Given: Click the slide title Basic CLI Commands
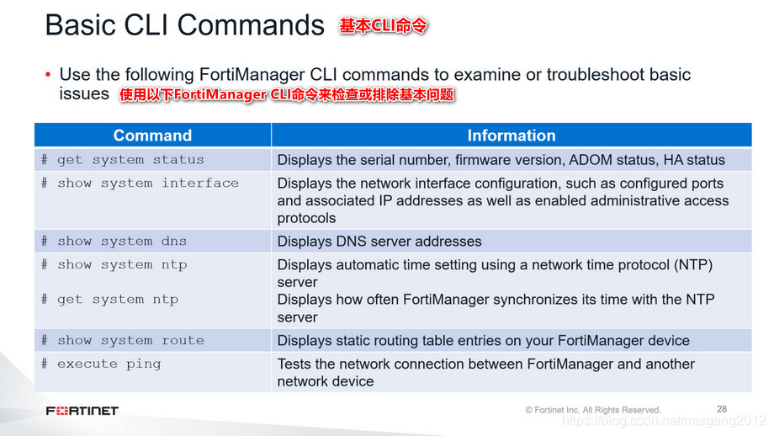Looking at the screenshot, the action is click(x=184, y=25).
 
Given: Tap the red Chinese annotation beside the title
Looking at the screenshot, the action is click(x=383, y=26).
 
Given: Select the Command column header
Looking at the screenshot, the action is click(x=152, y=136).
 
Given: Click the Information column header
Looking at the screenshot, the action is click(x=511, y=136).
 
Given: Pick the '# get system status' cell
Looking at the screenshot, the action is click(x=123, y=159).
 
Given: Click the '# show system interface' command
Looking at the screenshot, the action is click(x=140, y=183).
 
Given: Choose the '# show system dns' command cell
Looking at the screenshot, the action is click(x=114, y=241).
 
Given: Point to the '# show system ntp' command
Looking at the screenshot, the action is click(x=114, y=264).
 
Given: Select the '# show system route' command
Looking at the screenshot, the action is click(x=123, y=340).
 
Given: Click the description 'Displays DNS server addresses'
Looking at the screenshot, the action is click(x=379, y=242).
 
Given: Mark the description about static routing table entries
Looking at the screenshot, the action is click(x=483, y=341).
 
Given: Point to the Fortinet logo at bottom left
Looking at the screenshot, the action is click(x=82, y=411).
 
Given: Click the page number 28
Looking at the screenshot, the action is click(x=722, y=408).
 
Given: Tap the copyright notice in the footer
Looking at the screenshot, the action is click(x=592, y=410).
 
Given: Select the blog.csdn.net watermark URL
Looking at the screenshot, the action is click(x=664, y=420).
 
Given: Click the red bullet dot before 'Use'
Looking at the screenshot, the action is click(x=49, y=75).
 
